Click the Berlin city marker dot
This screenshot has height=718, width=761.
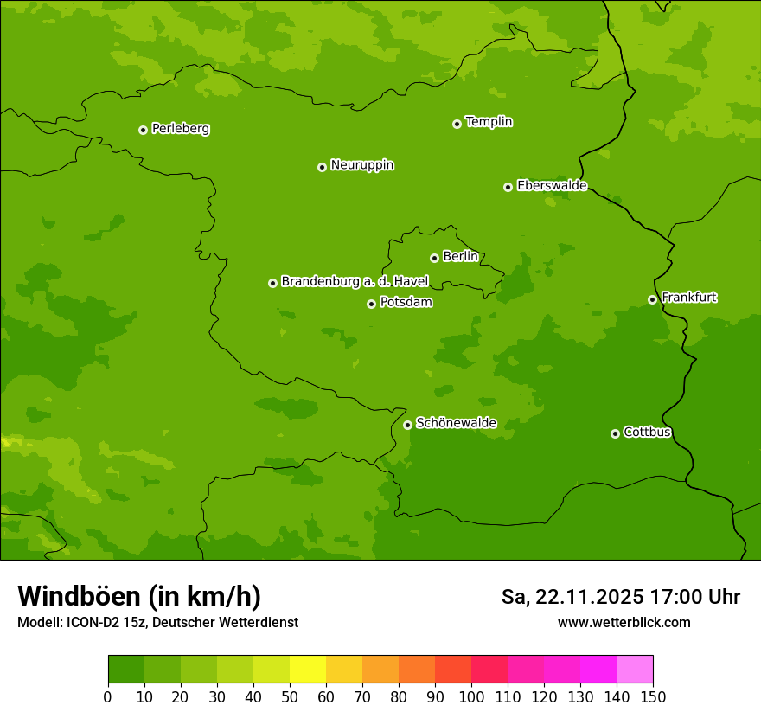point(434,258)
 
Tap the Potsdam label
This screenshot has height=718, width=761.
point(406,303)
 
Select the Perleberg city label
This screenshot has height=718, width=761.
point(180,129)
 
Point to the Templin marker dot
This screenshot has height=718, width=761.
point(457,124)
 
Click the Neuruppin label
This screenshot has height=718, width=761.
point(361,165)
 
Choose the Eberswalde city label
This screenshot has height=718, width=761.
point(552,186)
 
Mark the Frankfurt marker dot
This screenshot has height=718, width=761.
point(652,299)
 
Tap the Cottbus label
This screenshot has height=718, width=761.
point(647,433)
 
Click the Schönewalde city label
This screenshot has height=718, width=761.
point(456,423)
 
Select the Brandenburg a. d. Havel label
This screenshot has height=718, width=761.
point(355,282)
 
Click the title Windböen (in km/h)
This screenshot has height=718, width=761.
point(139,596)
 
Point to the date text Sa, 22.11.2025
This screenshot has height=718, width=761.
point(572,597)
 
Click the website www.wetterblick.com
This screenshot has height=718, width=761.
point(624,622)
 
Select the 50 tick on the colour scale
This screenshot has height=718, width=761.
point(290,696)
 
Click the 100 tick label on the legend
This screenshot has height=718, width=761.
point(471,696)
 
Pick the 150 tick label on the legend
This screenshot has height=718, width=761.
point(653,696)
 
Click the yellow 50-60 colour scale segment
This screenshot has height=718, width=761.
point(308,670)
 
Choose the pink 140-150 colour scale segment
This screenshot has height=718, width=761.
point(635,670)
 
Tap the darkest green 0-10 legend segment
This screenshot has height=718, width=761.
point(126,670)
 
